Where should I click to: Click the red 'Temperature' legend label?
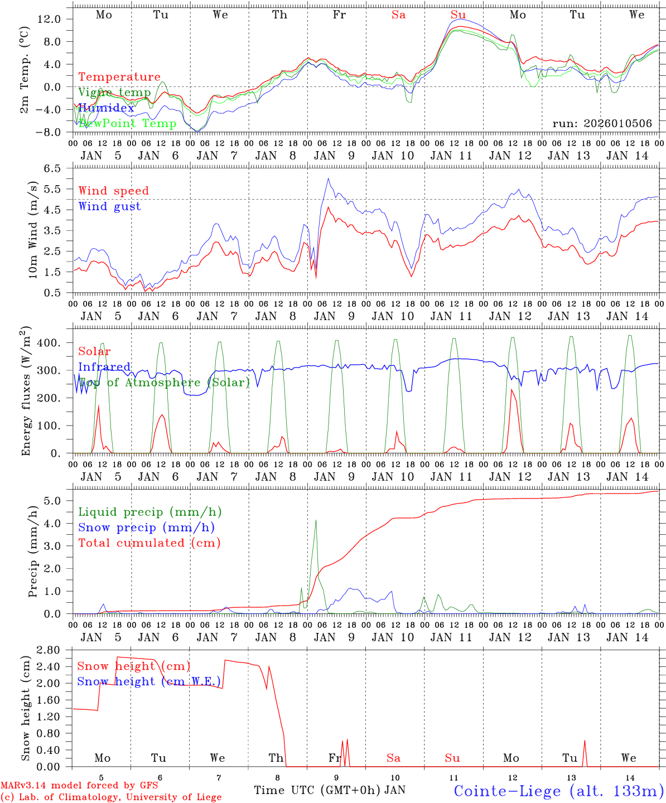[119, 77]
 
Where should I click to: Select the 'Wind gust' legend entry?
[109, 206]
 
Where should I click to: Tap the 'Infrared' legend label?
[104, 367]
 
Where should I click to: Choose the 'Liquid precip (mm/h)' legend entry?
[149, 512]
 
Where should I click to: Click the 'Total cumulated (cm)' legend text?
[149, 543]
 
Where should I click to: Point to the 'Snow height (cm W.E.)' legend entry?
[148, 681]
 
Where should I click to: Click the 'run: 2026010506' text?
[602, 123]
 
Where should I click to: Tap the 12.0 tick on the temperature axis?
[50, 19]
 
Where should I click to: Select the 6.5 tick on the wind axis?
[54, 168]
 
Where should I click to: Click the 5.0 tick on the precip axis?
[54, 501]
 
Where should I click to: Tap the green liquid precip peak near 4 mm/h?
[316, 520]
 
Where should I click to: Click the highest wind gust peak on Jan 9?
[328, 178]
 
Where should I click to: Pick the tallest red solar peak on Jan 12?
[511, 389]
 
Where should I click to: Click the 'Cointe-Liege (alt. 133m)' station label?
[558, 790]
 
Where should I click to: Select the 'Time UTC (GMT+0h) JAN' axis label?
[330, 790]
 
